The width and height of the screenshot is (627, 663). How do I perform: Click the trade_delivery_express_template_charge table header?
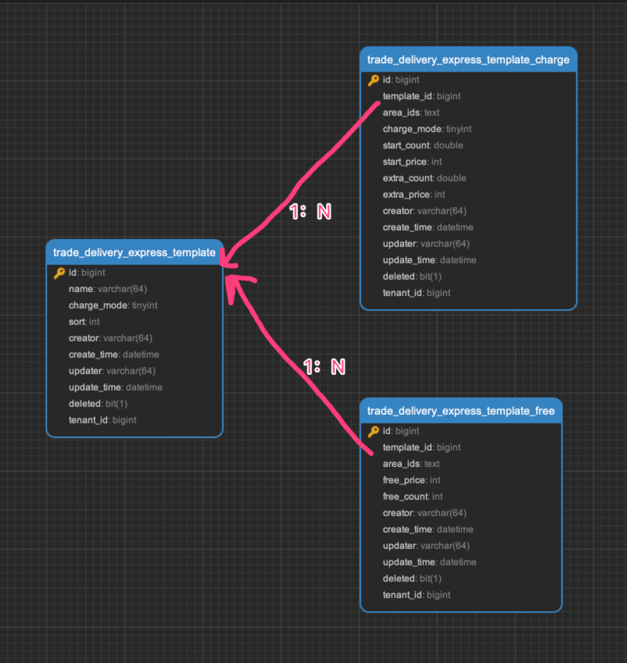(x=468, y=60)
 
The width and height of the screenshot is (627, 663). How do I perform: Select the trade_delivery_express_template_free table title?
(x=460, y=411)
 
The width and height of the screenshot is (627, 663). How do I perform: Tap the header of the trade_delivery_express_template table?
(x=134, y=252)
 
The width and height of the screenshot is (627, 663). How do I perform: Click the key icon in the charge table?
(x=373, y=80)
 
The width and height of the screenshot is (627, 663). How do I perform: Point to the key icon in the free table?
(x=373, y=431)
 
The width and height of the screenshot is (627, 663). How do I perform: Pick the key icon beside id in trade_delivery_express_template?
(x=59, y=273)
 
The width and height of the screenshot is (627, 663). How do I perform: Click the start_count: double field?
(x=422, y=145)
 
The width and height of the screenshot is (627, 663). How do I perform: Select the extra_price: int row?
(x=414, y=194)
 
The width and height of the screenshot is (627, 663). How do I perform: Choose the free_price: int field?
(x=411, y=480)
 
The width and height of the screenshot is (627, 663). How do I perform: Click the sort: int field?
(x=84, y=322)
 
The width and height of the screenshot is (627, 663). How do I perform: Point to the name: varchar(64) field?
(x=108, y=289)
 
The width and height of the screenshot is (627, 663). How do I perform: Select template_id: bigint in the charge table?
(x=421, y=96)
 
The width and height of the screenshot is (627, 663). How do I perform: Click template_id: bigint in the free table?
(x=421, y=447)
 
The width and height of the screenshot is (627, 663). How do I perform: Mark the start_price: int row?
(x=412, y=162)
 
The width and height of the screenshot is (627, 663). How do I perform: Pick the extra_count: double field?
(x=424, y=178)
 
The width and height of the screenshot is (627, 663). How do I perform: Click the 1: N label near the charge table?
(x=310, y=212)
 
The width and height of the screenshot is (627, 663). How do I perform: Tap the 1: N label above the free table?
(x=324, y=366)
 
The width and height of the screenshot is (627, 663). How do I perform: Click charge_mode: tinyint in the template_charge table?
(x=427, y=129)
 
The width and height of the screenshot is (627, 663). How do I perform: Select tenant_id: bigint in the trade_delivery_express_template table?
(x=102, y=420)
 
